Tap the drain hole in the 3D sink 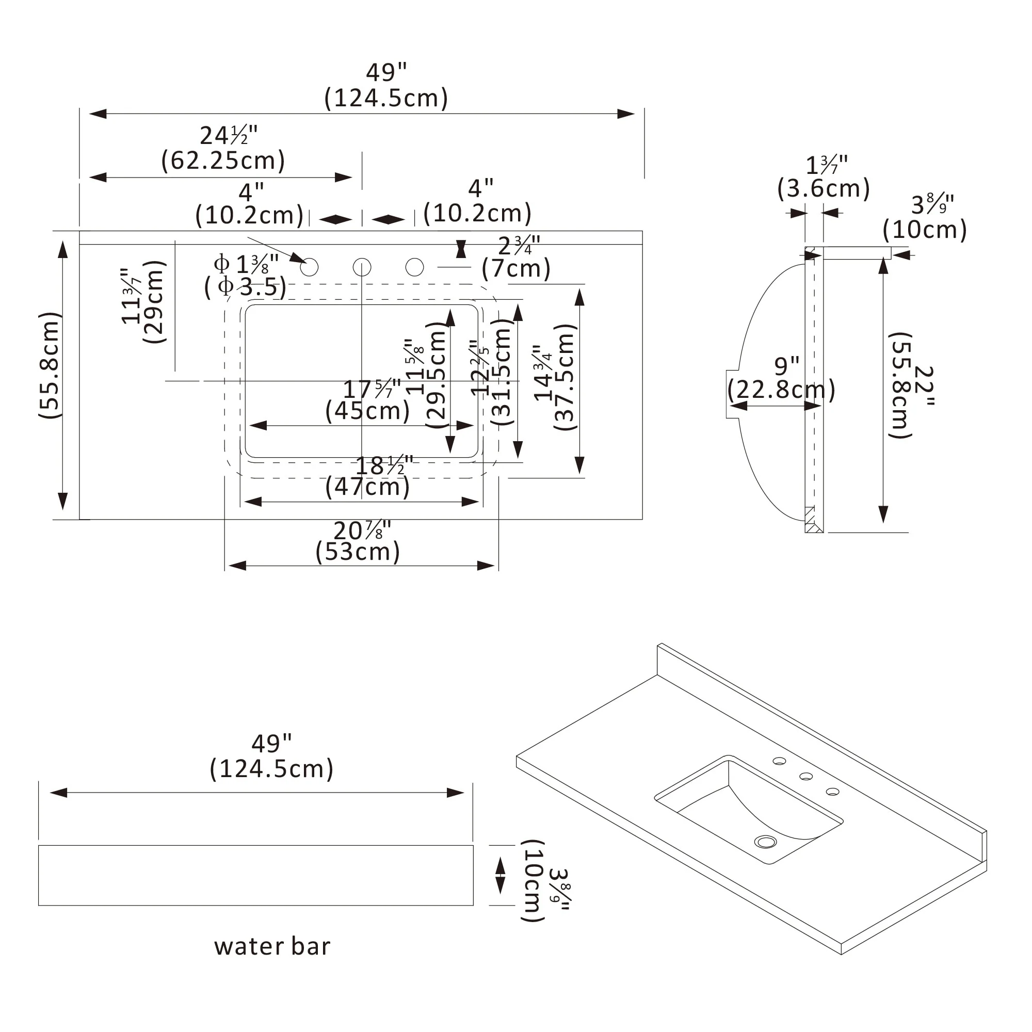coord(766,842)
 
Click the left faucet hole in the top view coord(309,267)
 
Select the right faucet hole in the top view coord(414,267)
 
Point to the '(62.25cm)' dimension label coord(223,160)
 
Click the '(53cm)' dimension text coord(358,551)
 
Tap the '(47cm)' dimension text coord(367,487)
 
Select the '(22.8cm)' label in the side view coord(781,390)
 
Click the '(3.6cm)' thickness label coord(824,188)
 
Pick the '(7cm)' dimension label coord(516,268)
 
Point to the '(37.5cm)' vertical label coord(565,377)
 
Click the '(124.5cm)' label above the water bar coord(271,769)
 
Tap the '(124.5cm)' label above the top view coord(386,98)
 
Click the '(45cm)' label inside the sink coord(367,411)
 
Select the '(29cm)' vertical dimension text coord(154,302)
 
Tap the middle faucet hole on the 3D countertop coord(806,776)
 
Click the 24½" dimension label coord(229,136)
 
